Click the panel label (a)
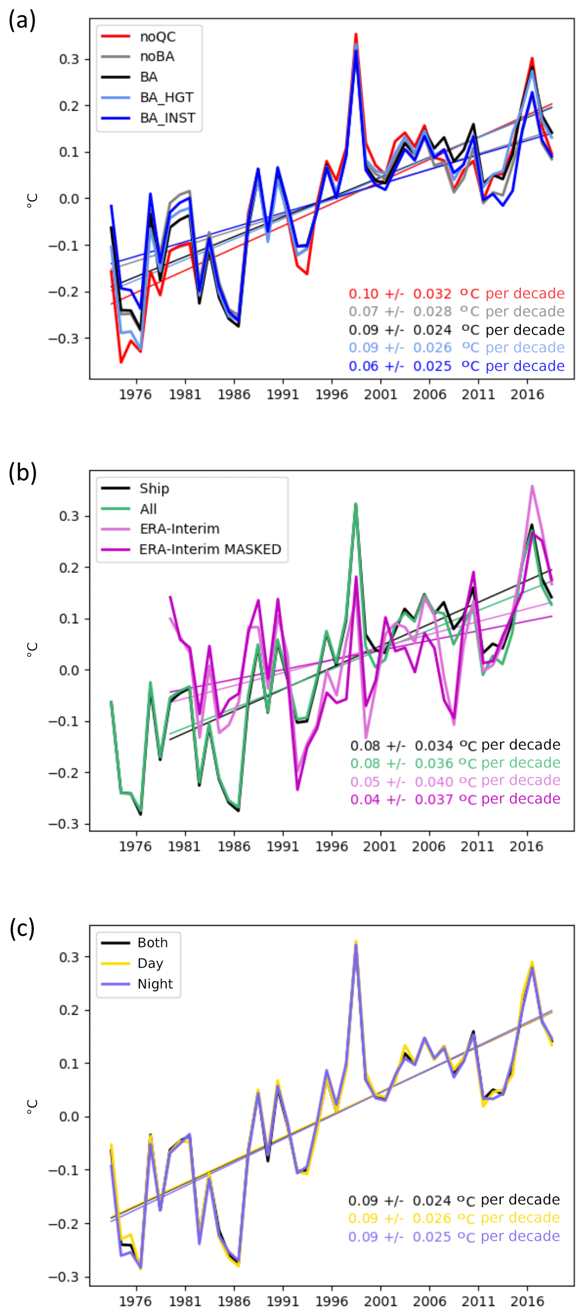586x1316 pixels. coord(22,20)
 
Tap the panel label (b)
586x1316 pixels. coord(22,472)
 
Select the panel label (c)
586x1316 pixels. coord(22,928)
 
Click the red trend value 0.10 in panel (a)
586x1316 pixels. coord(364,293)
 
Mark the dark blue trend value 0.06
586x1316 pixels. coord(364,366)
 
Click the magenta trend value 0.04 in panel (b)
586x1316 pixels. coord(365,799)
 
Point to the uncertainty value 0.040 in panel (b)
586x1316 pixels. coord(434,782)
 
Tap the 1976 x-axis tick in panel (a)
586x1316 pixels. coord(136,395)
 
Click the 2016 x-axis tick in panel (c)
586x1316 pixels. coord(527,1301)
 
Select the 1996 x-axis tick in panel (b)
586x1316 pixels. coord(331,846)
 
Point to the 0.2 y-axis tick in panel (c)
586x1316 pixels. coord(69,1010)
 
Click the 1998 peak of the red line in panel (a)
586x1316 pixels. coord(356,34)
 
